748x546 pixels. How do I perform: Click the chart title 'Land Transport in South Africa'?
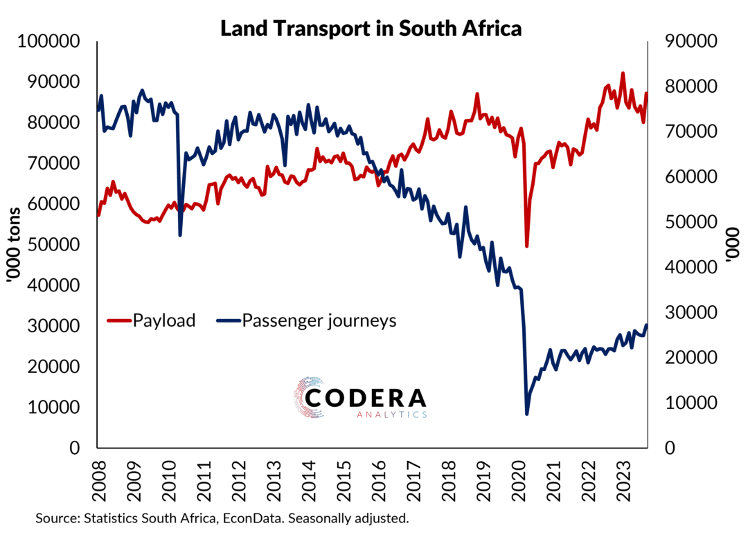(x=371, y=28)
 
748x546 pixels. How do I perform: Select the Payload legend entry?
(x=163, y=320)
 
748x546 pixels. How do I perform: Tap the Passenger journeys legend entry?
(x=319, y=320)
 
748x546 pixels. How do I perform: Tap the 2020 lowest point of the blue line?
(x=527, y=414)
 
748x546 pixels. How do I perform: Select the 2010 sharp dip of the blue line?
(x=180, y=235)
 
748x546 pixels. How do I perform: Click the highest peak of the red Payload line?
(x=623, y=73)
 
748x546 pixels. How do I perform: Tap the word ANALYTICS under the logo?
(x=392, y=415)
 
